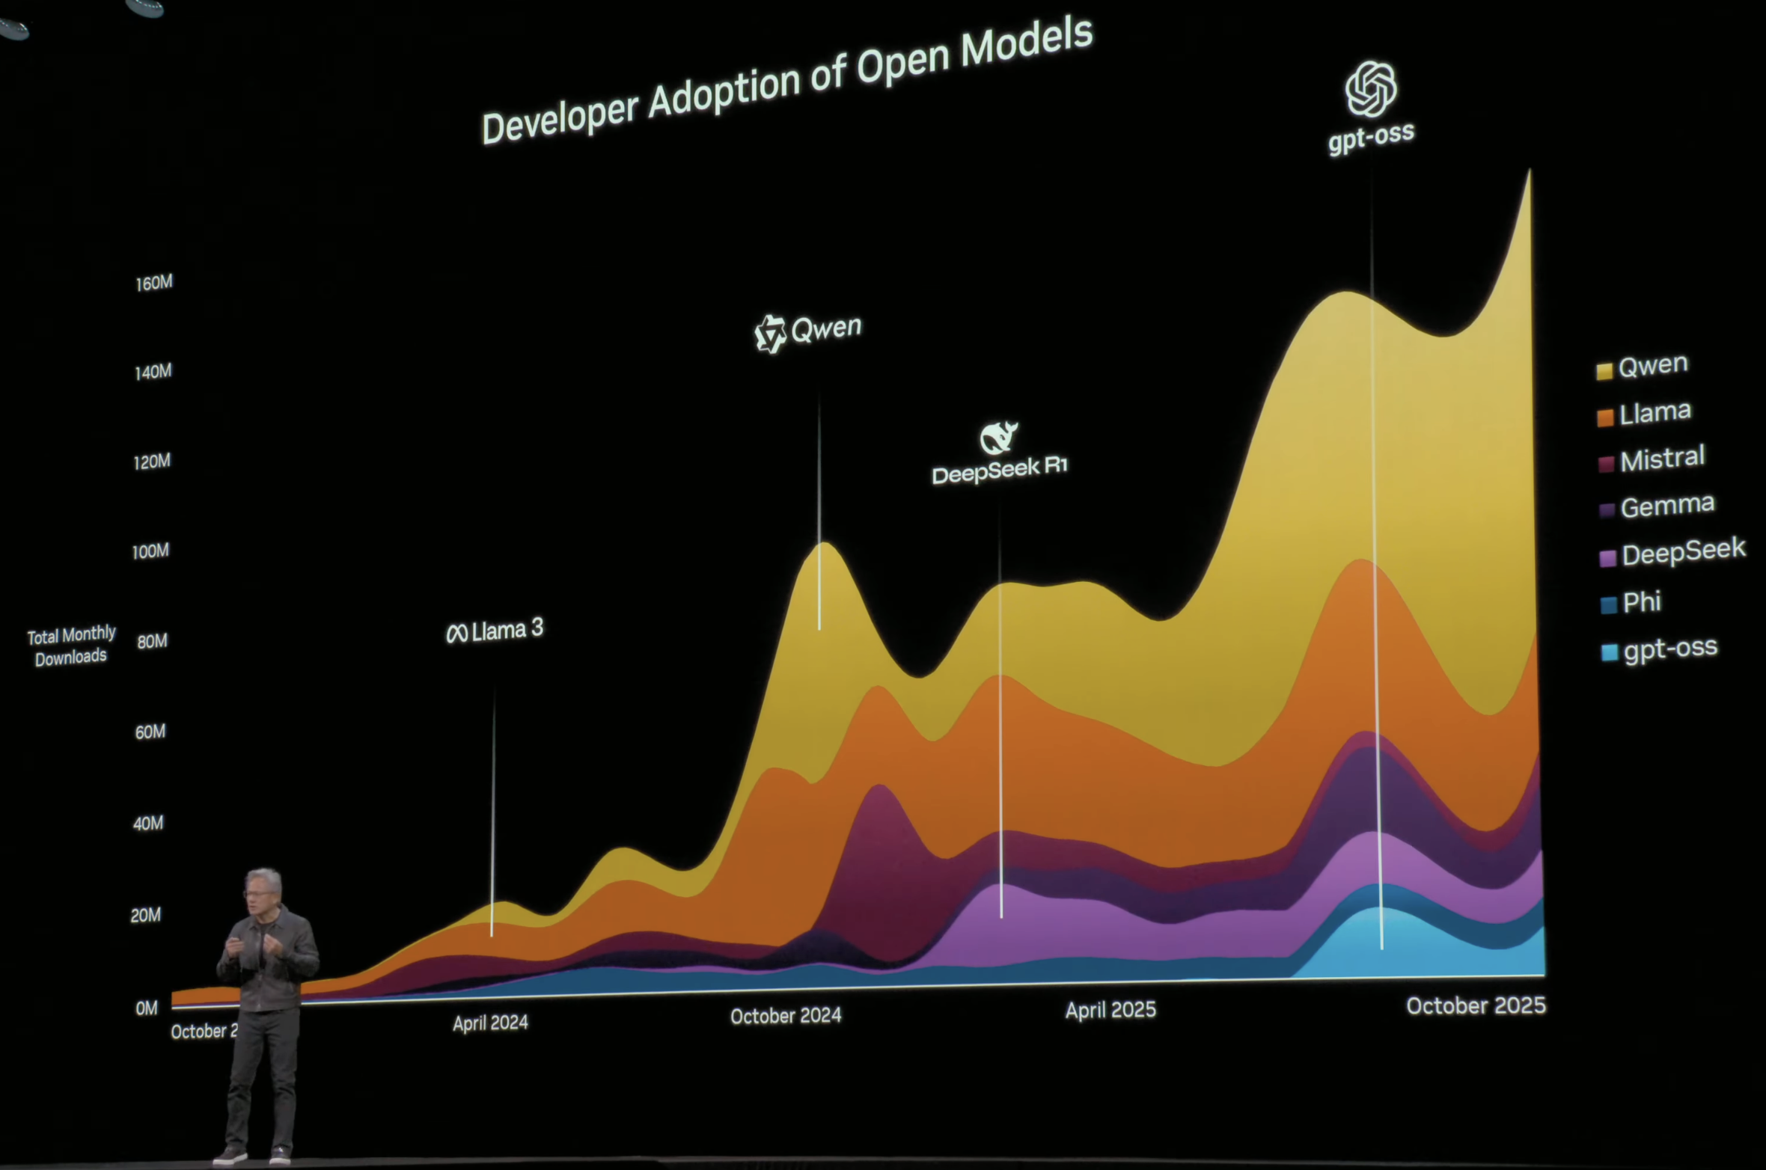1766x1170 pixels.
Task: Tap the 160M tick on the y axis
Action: [154, 283]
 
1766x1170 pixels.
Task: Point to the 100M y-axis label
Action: [150, 552]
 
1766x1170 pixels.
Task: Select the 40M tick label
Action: [147, 823]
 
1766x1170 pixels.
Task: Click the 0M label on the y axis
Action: [147, 1008]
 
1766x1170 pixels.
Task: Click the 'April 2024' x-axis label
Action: [490, 1023]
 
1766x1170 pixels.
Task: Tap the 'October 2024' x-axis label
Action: [786, 1016]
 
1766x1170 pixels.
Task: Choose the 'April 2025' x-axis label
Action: [1110, 1011]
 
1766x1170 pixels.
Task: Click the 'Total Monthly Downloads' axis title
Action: [71, 646]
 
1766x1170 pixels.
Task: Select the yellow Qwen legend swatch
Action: [1604, 371]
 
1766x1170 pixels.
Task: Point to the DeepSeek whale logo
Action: [998, 437]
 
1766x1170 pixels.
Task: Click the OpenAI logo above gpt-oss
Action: [1370, 89]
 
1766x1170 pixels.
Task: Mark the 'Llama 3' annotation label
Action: [495, 631]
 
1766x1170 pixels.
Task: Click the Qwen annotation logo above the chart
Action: [770, 333]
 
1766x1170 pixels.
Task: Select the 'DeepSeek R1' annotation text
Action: [1000, 469]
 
